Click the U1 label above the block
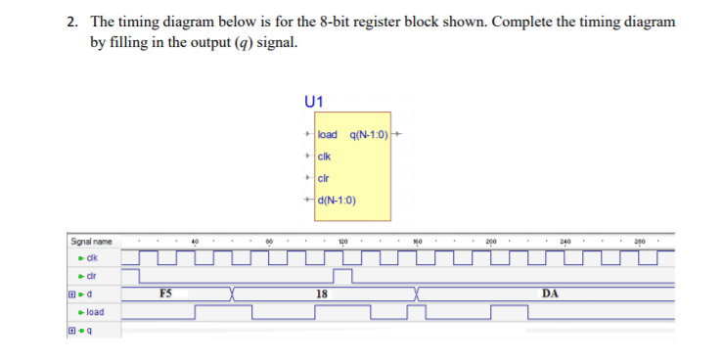(314, 100)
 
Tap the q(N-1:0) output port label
(369, 133)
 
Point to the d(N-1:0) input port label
(337, 202)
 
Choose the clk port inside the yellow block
(327, 156)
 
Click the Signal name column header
(91, 241)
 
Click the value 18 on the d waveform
(321, 292)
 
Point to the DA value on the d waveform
(549, 292)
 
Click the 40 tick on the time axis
(195, 241)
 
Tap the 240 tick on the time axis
(565, 241)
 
